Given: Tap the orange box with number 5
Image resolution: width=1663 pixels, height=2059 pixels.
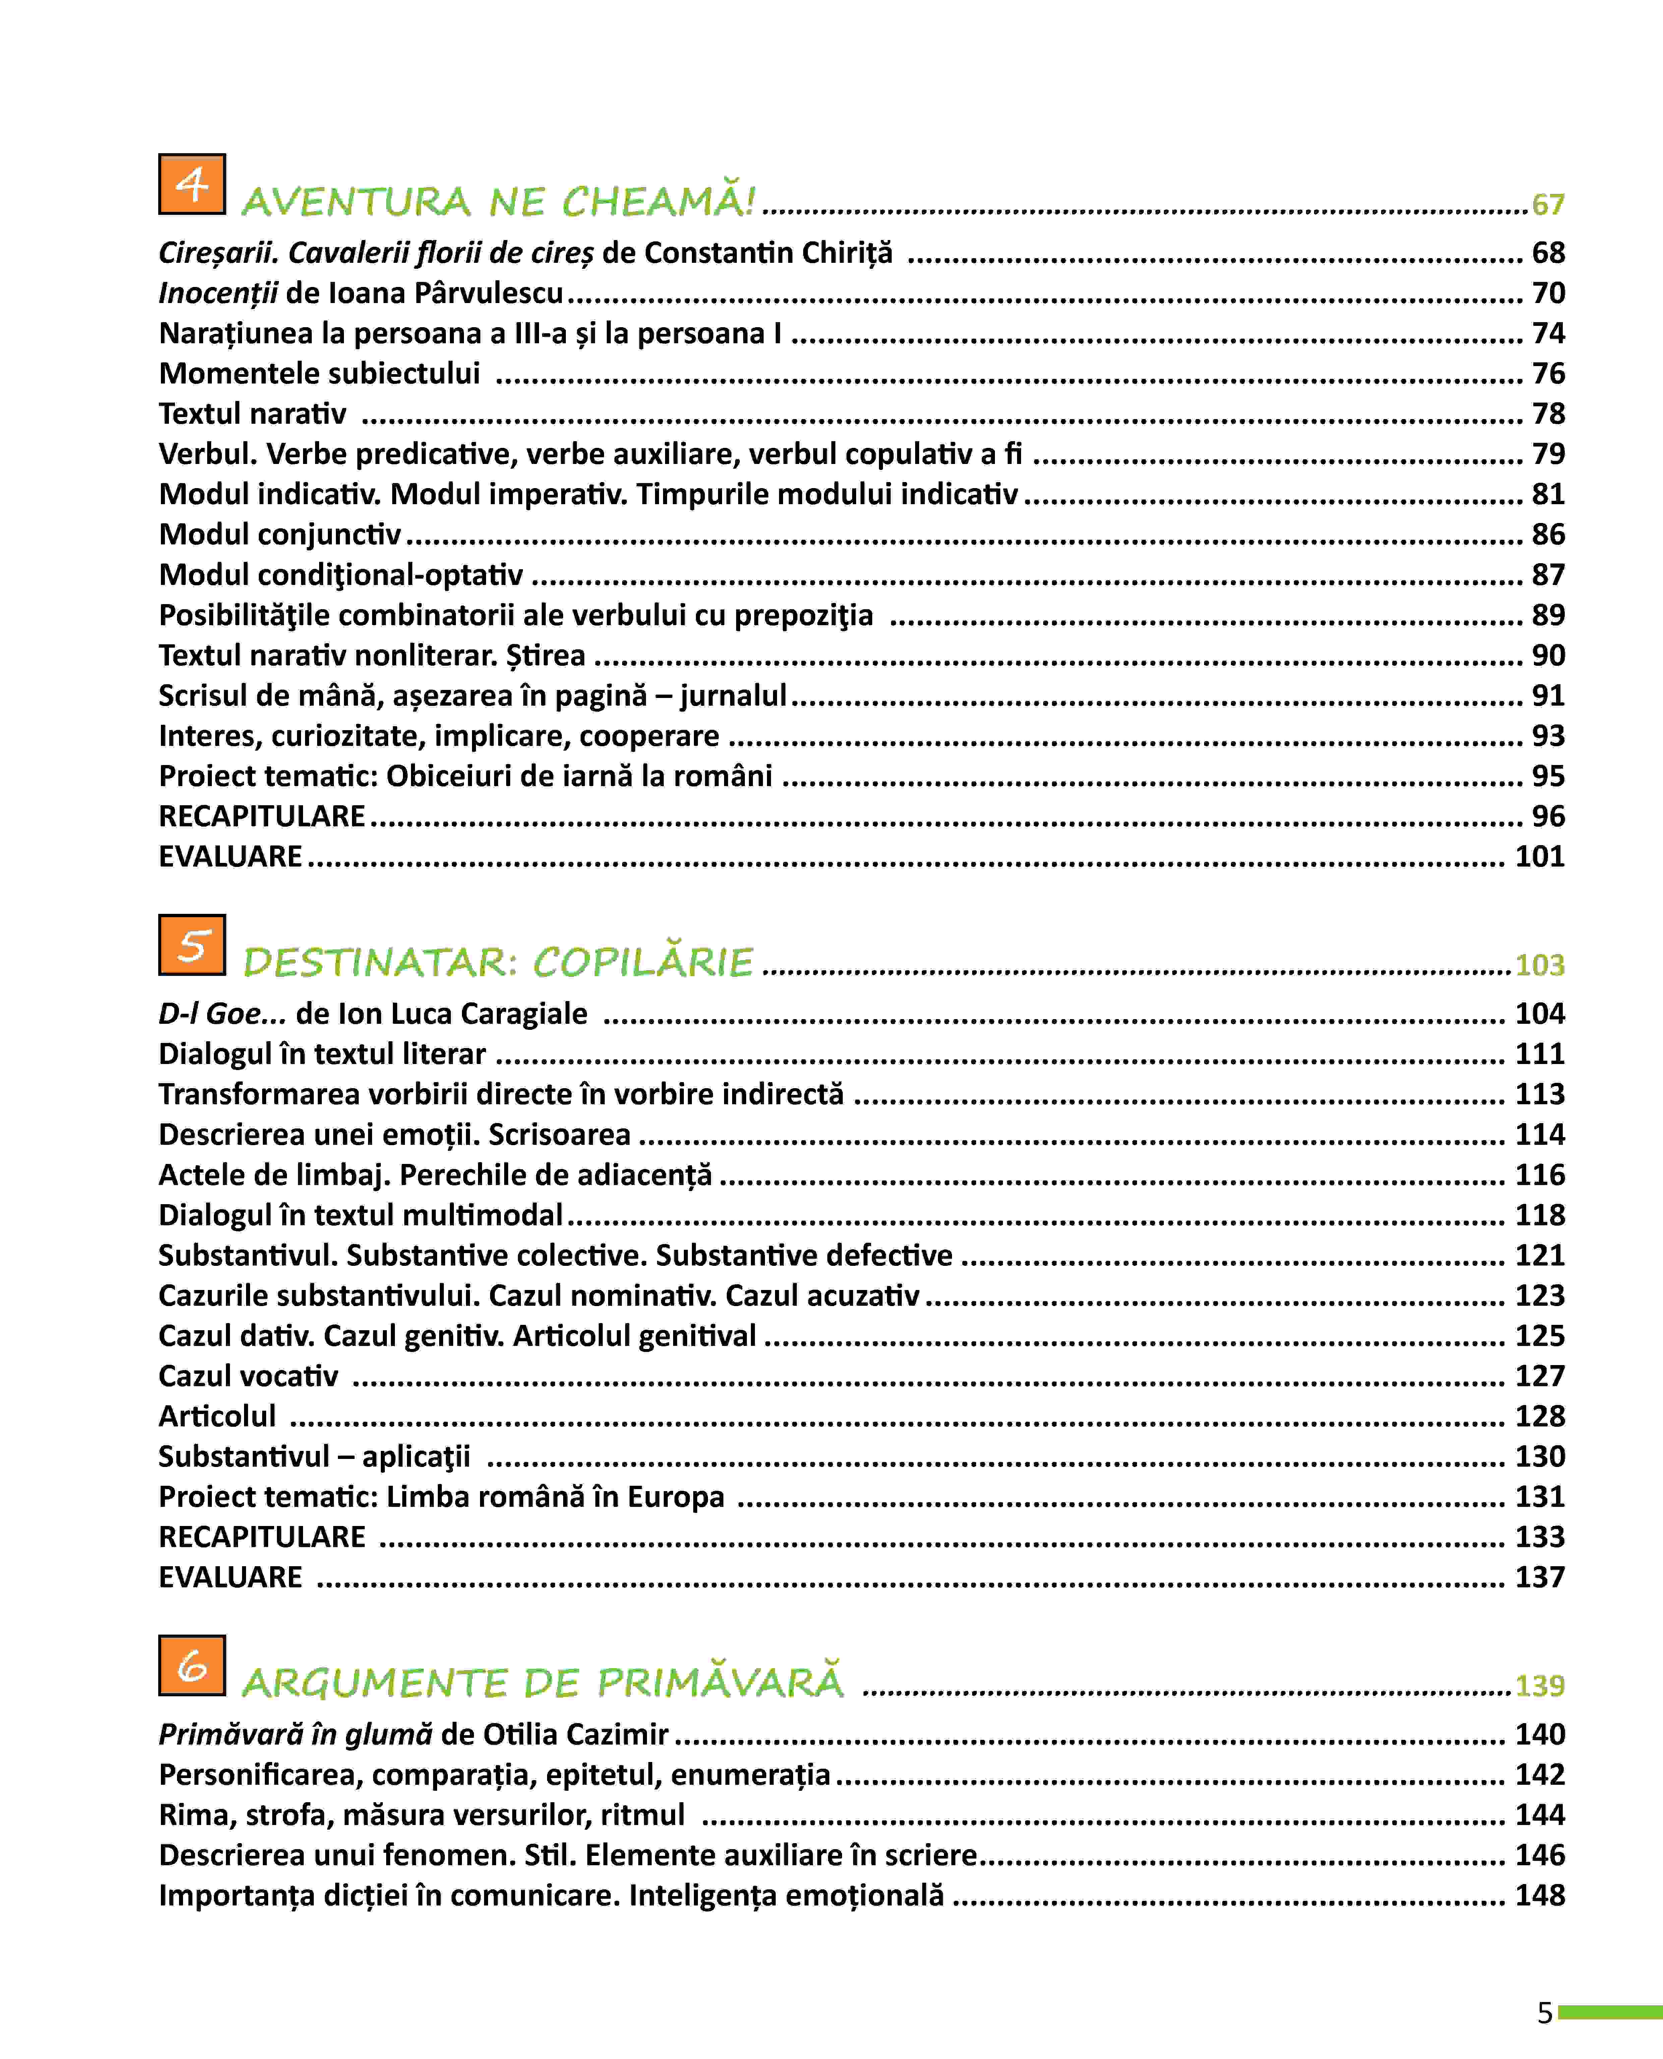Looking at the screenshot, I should pyautogui.click(x=192, y=945).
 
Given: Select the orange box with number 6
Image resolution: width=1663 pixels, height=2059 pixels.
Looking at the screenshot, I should pyautogui.click(x=192, y=1665).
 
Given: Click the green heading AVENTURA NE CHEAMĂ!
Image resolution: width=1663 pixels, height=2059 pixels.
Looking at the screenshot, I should pyautogui.click(x=498, y=201).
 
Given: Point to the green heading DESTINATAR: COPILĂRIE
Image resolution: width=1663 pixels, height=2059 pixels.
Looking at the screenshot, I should pyautogui.click(x=498, y=962).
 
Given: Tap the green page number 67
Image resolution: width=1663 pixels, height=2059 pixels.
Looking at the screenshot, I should pyautogui.click(x=1547, y=204).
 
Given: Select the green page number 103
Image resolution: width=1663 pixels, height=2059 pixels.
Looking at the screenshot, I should pyautogui.click(x=1539, y=965).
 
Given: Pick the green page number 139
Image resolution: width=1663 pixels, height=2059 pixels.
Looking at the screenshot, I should pyautogui.click(x=1539, y=1685).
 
